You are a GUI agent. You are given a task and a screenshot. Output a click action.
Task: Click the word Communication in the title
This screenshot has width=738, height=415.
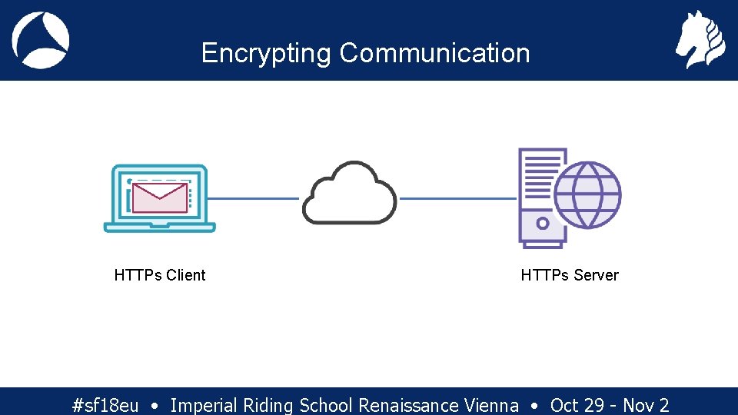(435, 53)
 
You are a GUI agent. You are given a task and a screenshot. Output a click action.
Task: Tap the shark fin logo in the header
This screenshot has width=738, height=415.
(41, 41)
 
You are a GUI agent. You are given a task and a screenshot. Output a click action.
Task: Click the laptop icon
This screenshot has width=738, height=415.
(160, 198)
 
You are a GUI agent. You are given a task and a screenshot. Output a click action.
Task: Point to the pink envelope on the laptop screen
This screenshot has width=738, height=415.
(160, 197)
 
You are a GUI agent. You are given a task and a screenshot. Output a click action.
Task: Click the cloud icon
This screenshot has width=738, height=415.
(350, 194)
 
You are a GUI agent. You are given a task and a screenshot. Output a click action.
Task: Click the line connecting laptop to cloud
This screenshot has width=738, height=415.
(253, 198)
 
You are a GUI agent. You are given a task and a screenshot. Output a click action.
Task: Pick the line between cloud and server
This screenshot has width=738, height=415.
(459, 198)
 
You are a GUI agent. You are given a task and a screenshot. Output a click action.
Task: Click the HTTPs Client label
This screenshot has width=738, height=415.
(160, 275)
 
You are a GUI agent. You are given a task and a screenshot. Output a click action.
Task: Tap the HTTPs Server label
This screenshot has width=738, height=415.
(570, 275)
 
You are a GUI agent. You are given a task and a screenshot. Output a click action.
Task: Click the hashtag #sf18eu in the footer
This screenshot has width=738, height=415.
(105, 405)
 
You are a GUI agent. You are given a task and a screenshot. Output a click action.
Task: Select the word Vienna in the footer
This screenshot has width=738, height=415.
(492, 405)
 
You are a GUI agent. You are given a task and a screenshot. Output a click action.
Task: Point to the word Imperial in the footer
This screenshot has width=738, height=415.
(204, 405)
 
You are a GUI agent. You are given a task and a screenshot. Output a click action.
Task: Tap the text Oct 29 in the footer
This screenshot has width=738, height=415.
(577, 405)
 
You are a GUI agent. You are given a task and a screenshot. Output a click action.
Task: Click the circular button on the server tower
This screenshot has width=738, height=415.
(542, 224)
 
